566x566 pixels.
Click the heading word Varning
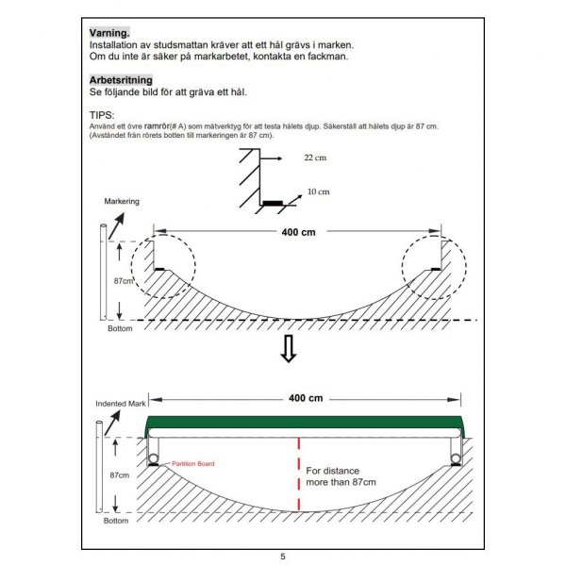tap(109, 33)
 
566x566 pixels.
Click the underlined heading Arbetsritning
tap(120, 80)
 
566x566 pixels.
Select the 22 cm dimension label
tap(315, 158)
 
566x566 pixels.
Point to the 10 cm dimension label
tap(319, 191)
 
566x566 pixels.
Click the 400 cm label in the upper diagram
tap(298, 232)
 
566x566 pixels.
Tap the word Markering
tap(121, 202)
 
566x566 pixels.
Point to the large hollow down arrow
tap(290, 348)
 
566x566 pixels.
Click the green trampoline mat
tap(302, 425)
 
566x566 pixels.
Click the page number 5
tap(283, 557)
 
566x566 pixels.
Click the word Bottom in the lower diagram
tap(117, 521)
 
